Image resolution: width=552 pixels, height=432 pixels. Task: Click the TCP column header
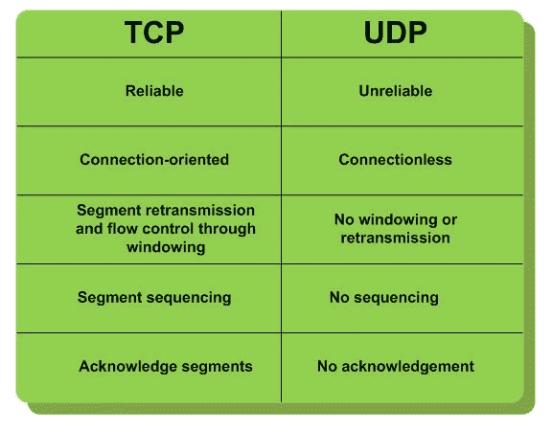pyautogui.click(x=154, y=33)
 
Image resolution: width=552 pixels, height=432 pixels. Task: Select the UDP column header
pyautogui.click(x=396, y=33)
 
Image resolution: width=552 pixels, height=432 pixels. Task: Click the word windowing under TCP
pyautogui.click(x=166, y=247)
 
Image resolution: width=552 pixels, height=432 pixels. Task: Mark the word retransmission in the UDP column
pyautogui.click(x=396, y=238)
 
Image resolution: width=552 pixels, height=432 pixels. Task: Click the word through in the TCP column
pyautogui.click(x=227, y=229)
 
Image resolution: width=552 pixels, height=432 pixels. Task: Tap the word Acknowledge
pyautogui.click(x=127, y=367)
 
